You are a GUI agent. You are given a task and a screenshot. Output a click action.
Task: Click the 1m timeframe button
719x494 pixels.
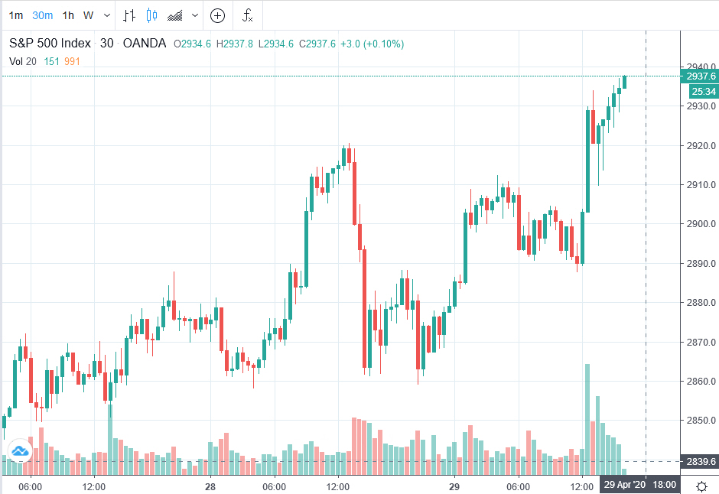(16, 15)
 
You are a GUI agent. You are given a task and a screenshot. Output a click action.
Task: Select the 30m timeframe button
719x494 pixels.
(42, 15)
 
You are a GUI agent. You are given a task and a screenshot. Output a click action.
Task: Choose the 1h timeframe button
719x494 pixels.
(68, 15)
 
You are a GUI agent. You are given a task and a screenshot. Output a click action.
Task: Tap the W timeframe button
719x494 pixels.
(89, 15)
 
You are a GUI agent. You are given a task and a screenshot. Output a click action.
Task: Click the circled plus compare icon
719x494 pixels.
(218, 15)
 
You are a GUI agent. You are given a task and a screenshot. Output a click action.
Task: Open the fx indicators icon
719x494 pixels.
(247, 15)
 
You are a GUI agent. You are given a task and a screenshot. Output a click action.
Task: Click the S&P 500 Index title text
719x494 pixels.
(50, 44)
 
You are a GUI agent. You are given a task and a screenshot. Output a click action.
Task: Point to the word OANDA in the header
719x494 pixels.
(145, 44)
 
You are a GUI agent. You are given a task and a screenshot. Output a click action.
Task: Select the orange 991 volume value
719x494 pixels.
(73, 61)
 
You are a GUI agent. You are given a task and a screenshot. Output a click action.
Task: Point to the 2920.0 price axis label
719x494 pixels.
(701, 145)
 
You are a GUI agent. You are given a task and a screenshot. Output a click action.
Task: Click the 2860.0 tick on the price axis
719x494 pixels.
(701, 382)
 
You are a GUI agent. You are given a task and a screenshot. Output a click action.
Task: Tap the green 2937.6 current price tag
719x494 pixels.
(701, 76)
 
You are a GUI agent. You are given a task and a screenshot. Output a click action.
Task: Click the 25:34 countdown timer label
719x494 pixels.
(703, 92)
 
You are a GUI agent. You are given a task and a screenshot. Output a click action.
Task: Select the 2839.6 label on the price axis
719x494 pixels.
(701, 462)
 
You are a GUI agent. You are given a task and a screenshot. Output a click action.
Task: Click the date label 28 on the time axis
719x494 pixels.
(210, 486)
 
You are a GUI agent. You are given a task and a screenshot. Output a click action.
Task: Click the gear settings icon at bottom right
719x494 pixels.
(701, 486)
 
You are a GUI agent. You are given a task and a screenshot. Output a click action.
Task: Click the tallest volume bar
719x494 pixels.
(587, 413)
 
